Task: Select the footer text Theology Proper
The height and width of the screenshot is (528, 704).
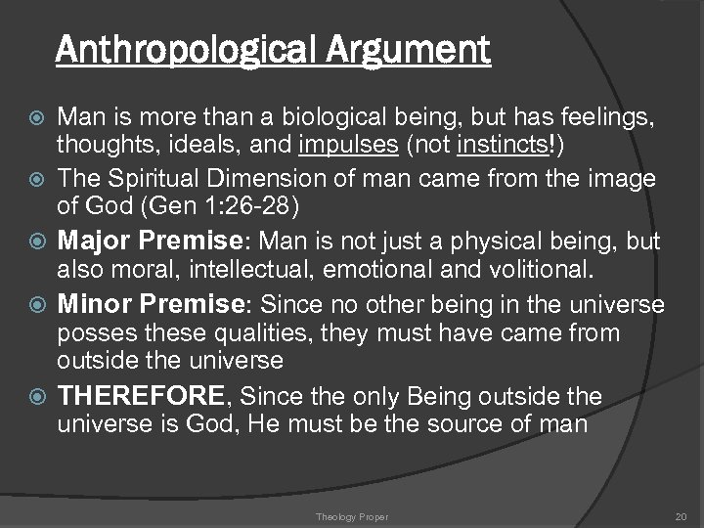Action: (351, 515)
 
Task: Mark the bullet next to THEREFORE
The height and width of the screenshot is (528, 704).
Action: (37, 398)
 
